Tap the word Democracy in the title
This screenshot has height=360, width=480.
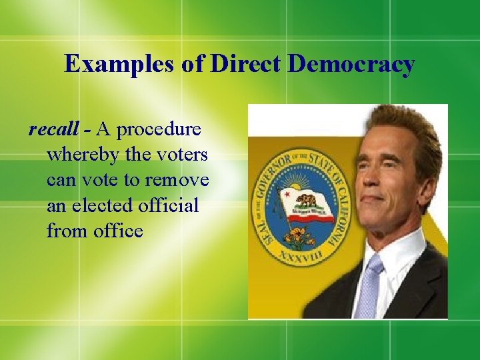pyautogui.click(x=352, y=64)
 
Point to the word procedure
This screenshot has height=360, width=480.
pyautogui.click(x=161, y=129)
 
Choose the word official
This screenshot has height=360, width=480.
pyautogui.click(x=169, y=205)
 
